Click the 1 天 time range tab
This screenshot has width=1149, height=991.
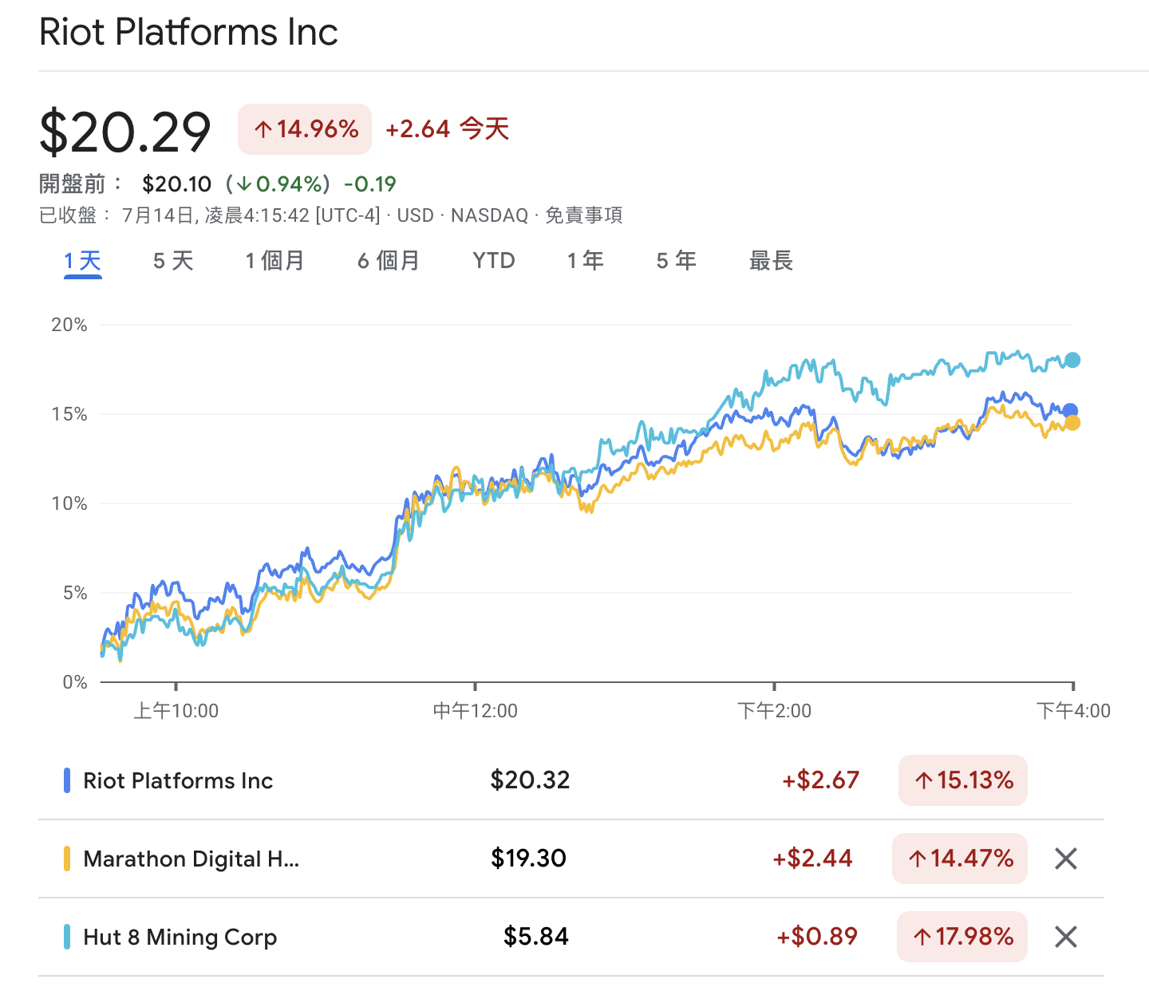(83, 261)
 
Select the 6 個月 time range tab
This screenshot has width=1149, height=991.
(388, 261)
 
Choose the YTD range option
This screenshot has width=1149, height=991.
(494, 261)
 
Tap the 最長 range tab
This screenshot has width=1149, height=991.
(771, 261)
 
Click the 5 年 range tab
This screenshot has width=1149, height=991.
(676, 261)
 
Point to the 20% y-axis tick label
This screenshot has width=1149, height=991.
(69, 325)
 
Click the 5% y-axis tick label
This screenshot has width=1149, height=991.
(74, 593)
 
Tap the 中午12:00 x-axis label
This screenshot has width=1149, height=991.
(475, 711)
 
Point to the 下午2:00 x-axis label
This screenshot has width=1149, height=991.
(774, 711)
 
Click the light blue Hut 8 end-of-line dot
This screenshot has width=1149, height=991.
(1072, 360)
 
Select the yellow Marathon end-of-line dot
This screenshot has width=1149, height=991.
(1072, 423)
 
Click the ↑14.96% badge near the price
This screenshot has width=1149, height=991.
(305, 129)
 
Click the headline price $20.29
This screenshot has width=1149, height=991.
(125, 132)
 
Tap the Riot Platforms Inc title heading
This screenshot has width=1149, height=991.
(188, 33)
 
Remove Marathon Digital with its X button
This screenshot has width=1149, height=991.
(1066, 859)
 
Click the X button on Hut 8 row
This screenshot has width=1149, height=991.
(1066, 937)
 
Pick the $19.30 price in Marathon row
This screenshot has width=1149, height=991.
(528, 859)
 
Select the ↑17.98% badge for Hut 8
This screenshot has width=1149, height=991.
(963, 937)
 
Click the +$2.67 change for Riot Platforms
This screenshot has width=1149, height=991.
(820, 780)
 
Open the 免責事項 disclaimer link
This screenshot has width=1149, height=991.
(583, 215)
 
